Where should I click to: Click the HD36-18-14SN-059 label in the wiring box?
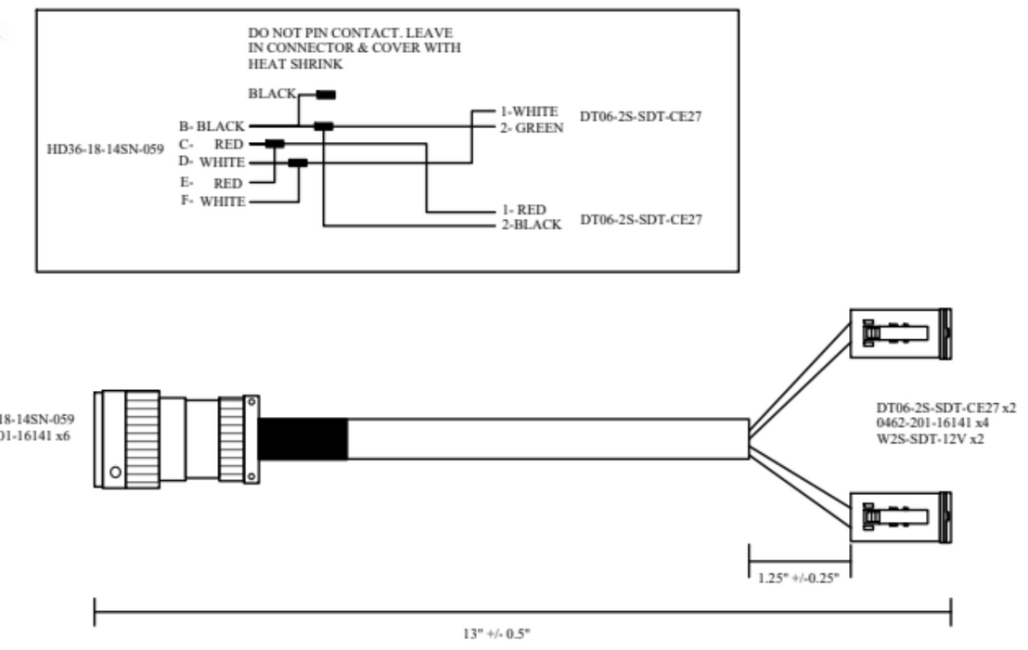click(102, 150)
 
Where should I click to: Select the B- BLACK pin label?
click(212, 124)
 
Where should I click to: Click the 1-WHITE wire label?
click(527, 112)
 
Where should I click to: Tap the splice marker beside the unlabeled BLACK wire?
click(326, 94)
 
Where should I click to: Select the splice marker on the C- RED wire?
click(275, 144)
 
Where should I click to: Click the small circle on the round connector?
click(114, 472)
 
